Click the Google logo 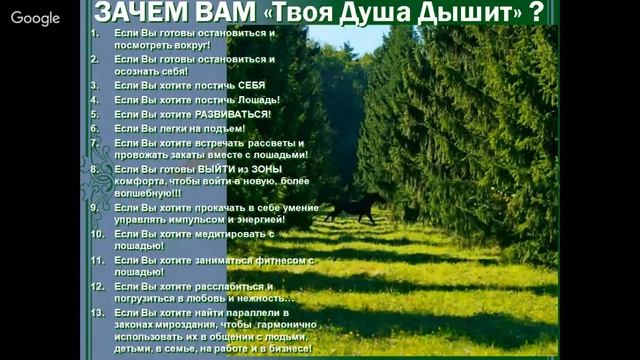(35, 18)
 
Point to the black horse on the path (351, 209)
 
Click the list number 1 (94, 32)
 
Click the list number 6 (94, 128)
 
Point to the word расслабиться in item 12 (221, 286)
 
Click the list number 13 (97, 312)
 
